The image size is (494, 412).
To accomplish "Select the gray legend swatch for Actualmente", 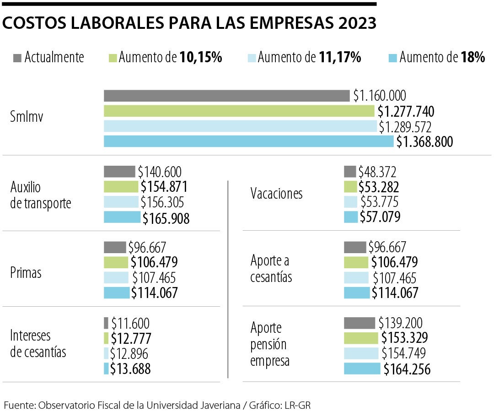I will coord(18,58).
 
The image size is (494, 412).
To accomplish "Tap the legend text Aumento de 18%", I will coord(442,58).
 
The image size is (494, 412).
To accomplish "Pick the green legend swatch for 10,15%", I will coord(113,58).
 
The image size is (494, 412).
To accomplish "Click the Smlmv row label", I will coord(27,118).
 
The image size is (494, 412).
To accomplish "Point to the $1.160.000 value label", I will coord(379,96).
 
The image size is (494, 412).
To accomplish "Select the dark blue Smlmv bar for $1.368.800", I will coord(248,141).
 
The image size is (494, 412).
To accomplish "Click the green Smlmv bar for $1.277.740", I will coord(239,111).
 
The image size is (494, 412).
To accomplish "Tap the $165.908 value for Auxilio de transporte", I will coord(166,218).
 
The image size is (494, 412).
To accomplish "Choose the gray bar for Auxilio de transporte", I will coord(119,172).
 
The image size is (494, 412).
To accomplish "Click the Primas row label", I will coord(26,273).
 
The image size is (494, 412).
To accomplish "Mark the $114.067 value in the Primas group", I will coord(154,293).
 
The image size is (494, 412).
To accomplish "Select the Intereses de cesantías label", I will coord(38,344).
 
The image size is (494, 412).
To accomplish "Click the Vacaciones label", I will coord(276,194).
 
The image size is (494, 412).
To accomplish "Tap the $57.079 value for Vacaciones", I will coord(380,217).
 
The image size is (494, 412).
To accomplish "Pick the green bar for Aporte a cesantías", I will coord(356,262).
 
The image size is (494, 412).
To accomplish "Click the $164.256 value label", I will coord(407,369).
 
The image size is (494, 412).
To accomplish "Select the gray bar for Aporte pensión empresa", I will coord(360,323).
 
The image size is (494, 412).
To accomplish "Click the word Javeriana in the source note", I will coord(220,405).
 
